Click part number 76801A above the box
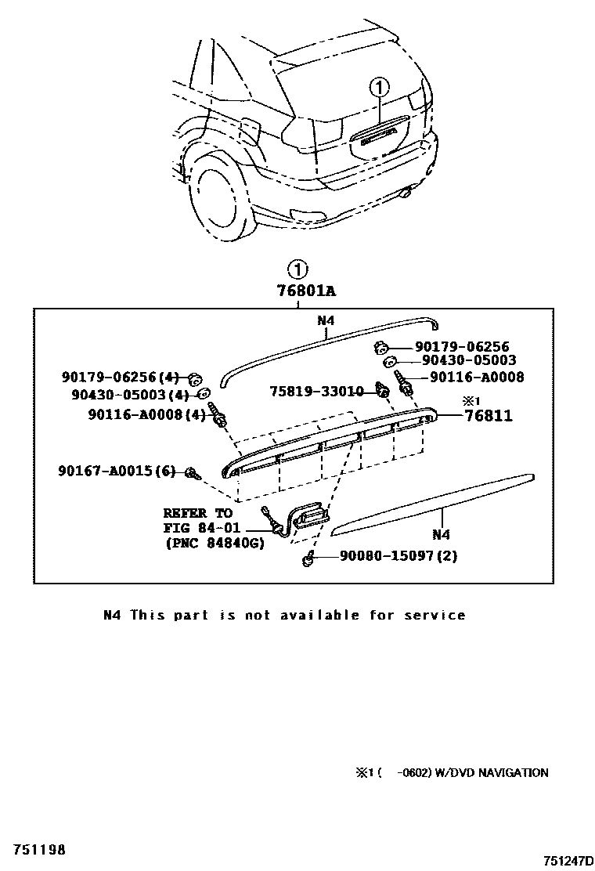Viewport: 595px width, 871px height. pos(306,291)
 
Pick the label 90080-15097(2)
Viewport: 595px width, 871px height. pos(398,556)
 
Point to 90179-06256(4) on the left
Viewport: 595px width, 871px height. pos(121,378)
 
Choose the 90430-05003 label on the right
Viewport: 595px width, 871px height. pos(469,360)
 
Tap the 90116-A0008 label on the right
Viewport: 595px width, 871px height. pos(477,377)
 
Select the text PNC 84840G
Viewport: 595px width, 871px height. pos(215,542)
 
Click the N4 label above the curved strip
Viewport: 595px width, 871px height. pos(326,320)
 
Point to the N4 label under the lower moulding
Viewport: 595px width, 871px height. pos(441,535)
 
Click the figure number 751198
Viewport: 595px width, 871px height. pos(38,849)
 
